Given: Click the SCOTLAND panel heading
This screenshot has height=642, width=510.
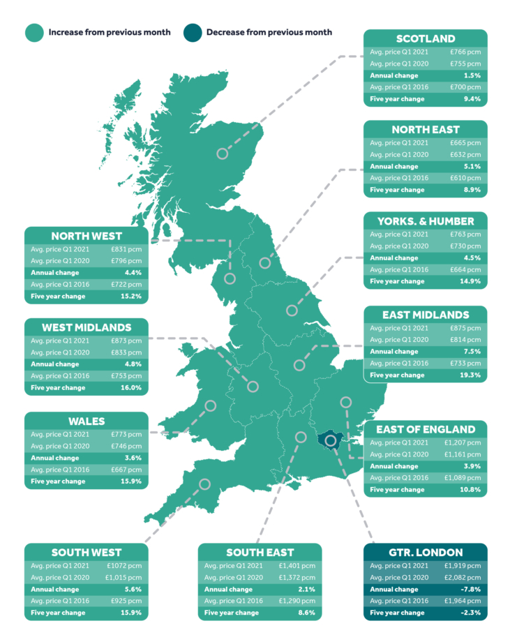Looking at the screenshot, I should click(425, 38).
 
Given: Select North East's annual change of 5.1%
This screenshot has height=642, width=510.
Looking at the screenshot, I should click(472, 167).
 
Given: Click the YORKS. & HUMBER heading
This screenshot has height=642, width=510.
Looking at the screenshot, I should click(425, 221).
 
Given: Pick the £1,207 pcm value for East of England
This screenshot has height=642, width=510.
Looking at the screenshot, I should click(462, 443).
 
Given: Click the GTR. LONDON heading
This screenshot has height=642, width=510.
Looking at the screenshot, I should click(425, 553).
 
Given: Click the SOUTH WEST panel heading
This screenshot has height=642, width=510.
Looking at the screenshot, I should click(87, 553).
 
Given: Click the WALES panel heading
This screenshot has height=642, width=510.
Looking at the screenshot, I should click(87, 421).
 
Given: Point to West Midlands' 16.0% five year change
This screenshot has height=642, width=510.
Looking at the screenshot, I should click(131, 388).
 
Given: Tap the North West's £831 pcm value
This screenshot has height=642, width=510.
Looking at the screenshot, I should click(128, 250).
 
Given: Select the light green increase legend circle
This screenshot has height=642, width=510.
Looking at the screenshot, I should click(33, 32).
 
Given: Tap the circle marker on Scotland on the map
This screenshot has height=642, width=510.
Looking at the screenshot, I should click(223, 154).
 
